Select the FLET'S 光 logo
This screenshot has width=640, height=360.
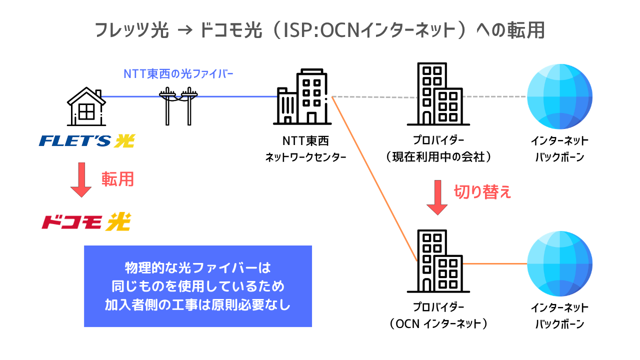86,141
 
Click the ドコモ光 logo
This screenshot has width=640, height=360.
86,221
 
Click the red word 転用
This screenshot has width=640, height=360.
117,179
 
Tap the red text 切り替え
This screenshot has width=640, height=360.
482,192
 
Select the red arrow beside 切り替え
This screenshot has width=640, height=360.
438,197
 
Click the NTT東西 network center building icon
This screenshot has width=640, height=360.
302,97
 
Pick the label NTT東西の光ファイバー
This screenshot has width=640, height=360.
178,74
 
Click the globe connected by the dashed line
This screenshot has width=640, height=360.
559,96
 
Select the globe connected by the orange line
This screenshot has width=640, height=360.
559,263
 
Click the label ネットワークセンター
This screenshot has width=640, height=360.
305,157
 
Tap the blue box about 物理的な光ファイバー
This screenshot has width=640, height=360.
197,286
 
